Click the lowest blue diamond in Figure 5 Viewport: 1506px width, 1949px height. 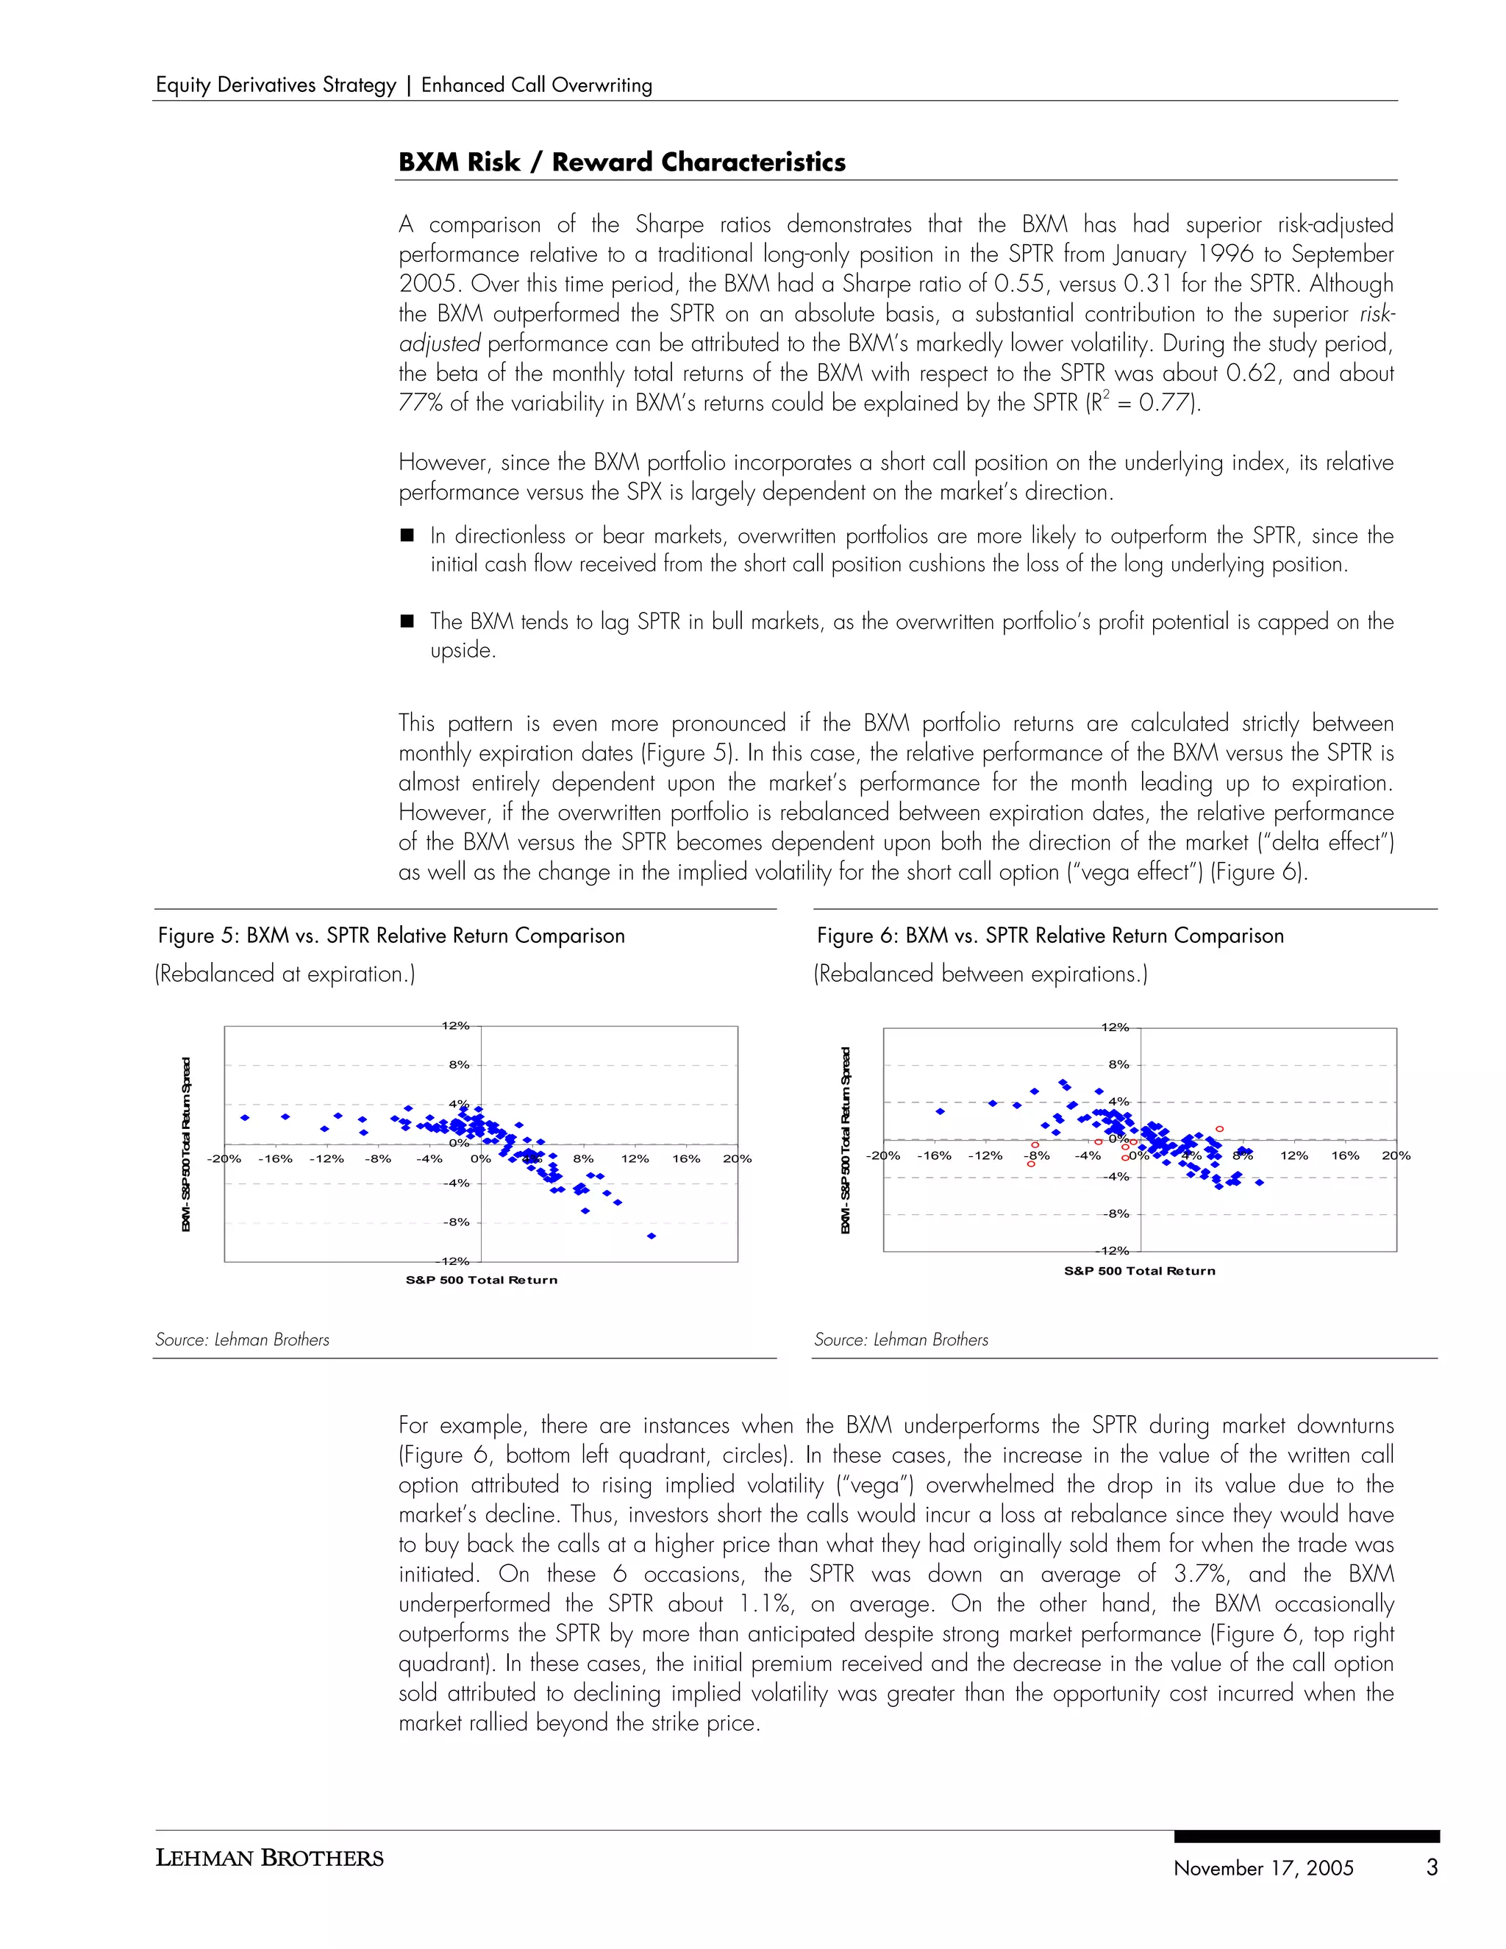click(x=652, y=1236)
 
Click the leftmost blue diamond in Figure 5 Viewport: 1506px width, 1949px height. click(x=244, y=1117)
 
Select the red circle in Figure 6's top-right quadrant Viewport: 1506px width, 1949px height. click(x=1220, y=1129)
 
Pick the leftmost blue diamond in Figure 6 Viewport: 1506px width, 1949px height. click(x=940, y=1111)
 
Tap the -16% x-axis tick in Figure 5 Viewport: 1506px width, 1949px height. click(x=275, y=1159)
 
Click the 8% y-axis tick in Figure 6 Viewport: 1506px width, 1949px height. click(x=1118, y=1065)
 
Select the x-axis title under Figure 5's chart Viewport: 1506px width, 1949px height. click(x=481, y=1280)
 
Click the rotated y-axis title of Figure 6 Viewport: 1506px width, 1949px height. click(x=845, y=1141)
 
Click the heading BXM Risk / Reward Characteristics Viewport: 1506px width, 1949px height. click(x=622, y=163)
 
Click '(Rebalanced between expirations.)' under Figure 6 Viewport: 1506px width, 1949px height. click(x=979, y=974)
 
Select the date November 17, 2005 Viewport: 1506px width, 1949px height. click(x=1263, y=1869)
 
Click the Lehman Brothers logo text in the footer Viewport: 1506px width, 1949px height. click(x=269, y=1859)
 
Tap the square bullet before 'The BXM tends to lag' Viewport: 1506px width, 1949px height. click(x=407, y=621)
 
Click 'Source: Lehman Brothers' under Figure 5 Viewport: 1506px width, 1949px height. click(x=242, y=1339)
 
